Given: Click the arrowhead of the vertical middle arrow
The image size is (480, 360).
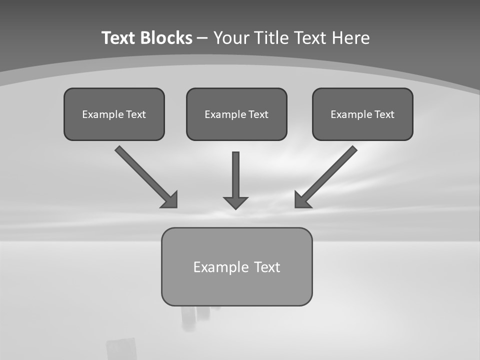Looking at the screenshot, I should click(235, 202).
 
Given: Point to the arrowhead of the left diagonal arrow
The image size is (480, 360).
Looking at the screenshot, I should click(171, 200).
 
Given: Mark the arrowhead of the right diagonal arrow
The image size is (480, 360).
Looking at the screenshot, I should click(301, 200).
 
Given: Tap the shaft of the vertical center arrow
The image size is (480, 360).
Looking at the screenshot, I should click(235, 172).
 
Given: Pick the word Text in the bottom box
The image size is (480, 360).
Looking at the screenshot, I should click(267, 267).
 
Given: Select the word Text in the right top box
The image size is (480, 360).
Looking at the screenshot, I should click(384, 114).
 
